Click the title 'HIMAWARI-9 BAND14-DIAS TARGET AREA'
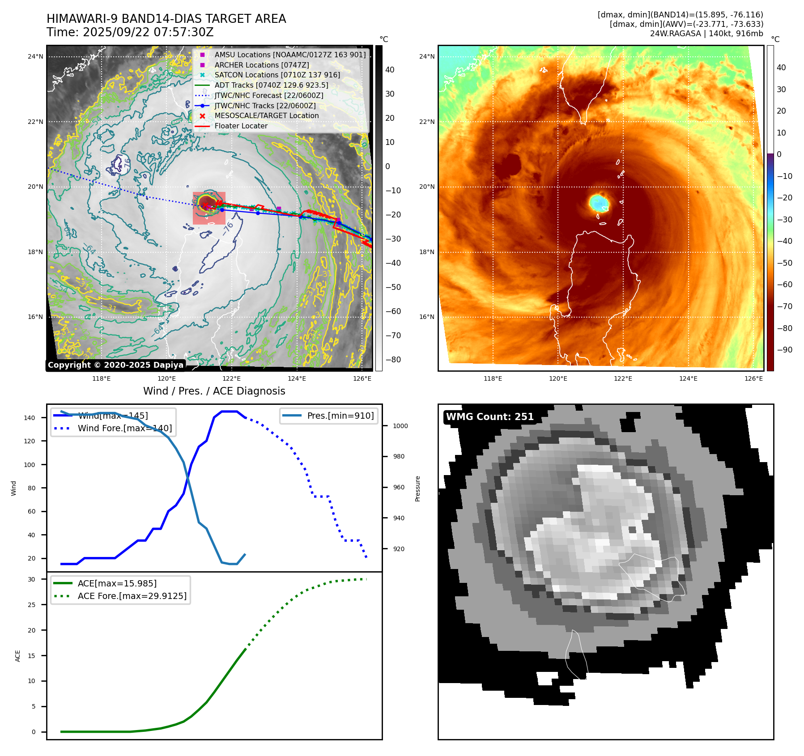pos(166,19)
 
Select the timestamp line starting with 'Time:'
pos(130,33)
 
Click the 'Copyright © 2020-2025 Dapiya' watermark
pos(115,365)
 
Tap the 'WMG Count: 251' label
pos(489,417)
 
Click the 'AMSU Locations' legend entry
pos(289,55)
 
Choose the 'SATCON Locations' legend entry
pos(277,75)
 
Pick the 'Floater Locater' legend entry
pos(241,126)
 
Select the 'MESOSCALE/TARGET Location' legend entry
pos(266,116)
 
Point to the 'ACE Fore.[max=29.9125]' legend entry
pos(132,596)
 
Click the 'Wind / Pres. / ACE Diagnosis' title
pos(214,391)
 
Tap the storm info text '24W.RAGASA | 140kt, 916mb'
pos(706,34)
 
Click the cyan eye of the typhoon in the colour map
pos(599,203)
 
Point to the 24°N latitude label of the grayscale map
pos(35,57)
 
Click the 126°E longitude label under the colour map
pos(753,379)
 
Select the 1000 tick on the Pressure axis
pos(400,426)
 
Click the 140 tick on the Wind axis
pos(30,418)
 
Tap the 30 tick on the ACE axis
pos(31,579)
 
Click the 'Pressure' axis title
pos(417,488)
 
